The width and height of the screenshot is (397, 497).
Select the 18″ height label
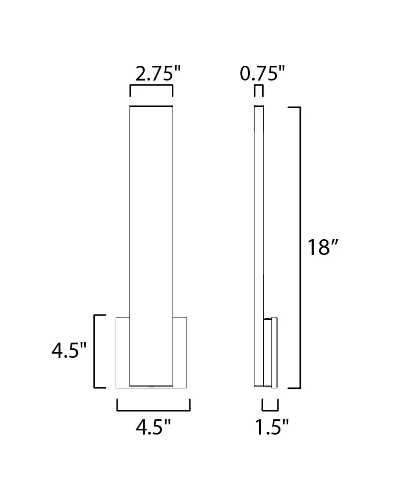[322, 248]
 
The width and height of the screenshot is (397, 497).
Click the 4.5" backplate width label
[153, 427]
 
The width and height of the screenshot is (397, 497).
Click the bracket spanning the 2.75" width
[151, 86]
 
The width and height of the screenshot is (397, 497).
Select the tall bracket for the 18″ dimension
[299, 248]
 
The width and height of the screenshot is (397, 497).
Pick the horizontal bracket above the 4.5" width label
[153, 409]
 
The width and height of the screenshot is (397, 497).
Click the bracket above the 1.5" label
[270, 409]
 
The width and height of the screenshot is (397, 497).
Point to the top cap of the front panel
[151, 105]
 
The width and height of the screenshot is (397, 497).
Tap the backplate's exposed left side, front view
[123, 352]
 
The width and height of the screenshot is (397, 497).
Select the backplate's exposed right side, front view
[180, 352]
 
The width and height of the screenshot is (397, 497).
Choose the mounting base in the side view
[270, 353]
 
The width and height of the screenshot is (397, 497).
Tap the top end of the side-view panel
[258, 106]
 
